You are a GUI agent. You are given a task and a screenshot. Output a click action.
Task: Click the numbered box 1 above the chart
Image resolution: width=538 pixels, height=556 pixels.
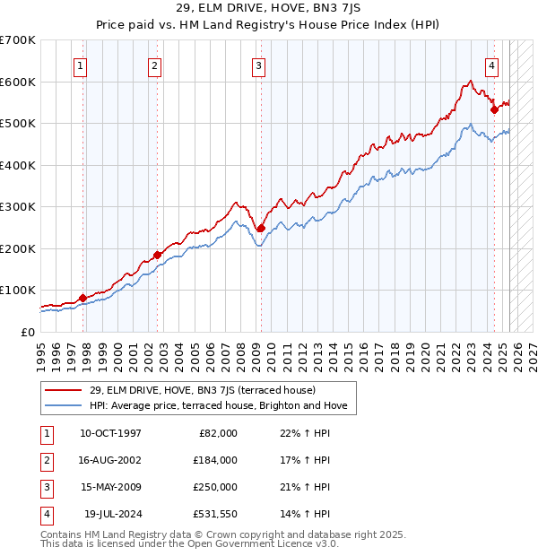(81, 65)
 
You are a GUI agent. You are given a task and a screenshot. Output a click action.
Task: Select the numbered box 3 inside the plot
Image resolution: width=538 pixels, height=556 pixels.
(258, 65)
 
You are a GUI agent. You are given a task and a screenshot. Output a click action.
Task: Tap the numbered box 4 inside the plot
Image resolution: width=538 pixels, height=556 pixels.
(492, 65)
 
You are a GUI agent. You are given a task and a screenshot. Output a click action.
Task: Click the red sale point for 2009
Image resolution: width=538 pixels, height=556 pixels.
(261, 228)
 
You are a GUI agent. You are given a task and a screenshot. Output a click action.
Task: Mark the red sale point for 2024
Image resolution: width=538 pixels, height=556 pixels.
(494, 110)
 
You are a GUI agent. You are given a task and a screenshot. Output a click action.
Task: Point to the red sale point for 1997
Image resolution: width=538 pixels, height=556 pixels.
(82, 298)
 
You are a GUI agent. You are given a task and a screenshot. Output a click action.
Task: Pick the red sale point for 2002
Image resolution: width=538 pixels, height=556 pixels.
(157, 255)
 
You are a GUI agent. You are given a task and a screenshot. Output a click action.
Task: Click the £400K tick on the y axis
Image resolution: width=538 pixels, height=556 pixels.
(18, 165)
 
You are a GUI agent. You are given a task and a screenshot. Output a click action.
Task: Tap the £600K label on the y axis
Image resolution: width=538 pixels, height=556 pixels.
(18, 82)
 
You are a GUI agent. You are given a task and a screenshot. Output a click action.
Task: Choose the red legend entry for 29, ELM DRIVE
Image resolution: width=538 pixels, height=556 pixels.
(202, 390)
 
